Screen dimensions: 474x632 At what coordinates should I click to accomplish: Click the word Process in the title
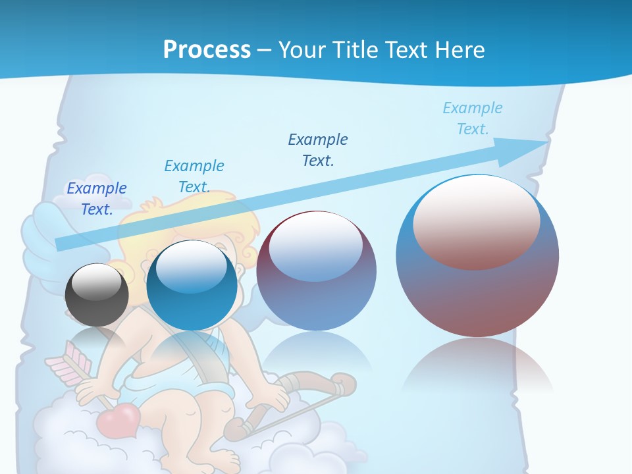tap(207, 49)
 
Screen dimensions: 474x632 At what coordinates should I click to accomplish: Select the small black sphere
tap(97, 295)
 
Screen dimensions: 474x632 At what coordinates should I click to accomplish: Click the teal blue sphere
tap(192, 286)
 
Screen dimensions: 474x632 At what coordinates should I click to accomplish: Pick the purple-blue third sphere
tap(316, 271)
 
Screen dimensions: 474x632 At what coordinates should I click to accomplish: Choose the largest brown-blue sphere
tap(477, 256)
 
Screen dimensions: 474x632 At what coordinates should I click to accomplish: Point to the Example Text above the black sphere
tap(97, 199)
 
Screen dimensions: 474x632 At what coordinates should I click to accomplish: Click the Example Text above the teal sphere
tap(194, 176)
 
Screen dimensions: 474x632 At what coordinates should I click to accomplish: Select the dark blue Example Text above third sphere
tap(318, 149)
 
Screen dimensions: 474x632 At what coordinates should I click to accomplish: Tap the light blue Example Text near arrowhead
tap(473, 118)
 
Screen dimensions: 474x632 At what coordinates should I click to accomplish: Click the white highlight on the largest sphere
tap(477, 221)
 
